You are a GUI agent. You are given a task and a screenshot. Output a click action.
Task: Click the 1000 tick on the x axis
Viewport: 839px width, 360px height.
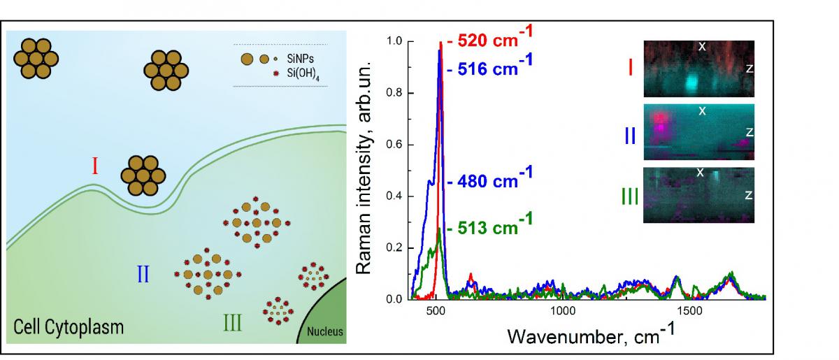563,310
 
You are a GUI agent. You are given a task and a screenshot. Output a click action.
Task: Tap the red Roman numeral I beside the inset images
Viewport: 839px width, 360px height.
630,69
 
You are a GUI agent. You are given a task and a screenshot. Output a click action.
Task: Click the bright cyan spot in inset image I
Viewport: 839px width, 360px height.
691,82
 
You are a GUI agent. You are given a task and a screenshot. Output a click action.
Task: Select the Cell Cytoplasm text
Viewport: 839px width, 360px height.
68,326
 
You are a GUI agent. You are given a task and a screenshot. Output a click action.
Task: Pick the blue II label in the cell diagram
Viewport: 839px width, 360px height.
143,273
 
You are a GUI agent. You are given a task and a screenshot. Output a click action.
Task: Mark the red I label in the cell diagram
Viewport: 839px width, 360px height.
94,166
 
